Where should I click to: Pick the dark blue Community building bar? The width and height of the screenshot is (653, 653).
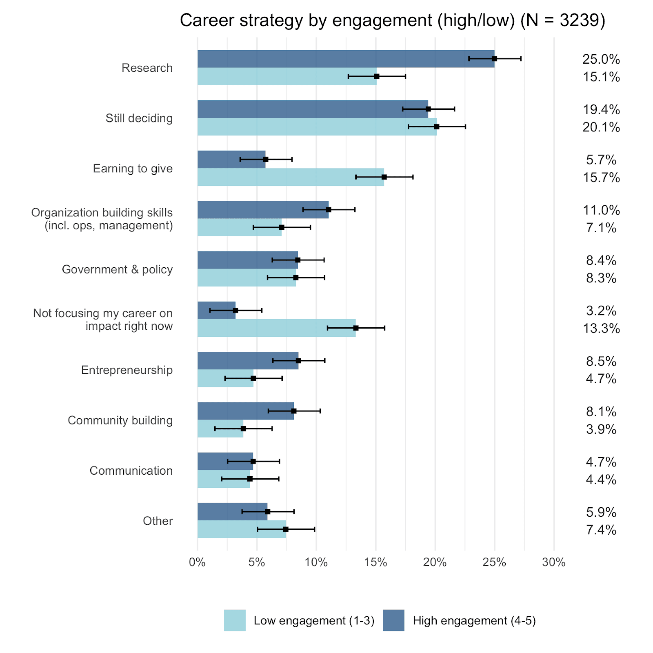coord(245,411)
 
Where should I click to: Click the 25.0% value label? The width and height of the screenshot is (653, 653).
coord(601,59)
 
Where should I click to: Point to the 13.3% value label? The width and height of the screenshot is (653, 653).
coord(601,329)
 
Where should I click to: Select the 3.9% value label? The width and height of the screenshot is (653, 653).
coord(601,429)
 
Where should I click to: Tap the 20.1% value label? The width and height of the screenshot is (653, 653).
coord(601,127)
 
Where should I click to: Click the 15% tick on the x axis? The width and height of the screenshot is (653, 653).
coord(375,562)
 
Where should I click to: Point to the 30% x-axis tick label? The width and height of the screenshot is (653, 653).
coord(554,562)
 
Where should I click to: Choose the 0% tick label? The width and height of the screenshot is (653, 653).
coord(197,562)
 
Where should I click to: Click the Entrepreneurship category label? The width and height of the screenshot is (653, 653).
coord(127,370)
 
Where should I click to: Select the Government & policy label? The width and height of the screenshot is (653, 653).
coord(117,269)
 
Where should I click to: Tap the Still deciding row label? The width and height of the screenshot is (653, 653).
coord(139,118)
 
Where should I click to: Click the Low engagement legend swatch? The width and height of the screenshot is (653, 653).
coord(235,620)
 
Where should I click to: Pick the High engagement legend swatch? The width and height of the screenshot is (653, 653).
coord(393,620)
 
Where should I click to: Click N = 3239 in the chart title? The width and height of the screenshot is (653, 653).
coord(563,20)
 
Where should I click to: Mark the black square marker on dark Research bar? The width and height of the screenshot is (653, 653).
coord(494,59)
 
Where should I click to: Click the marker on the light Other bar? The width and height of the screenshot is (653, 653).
coord(286,529)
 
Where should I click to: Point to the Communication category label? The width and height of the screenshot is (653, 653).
coord(131,471)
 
